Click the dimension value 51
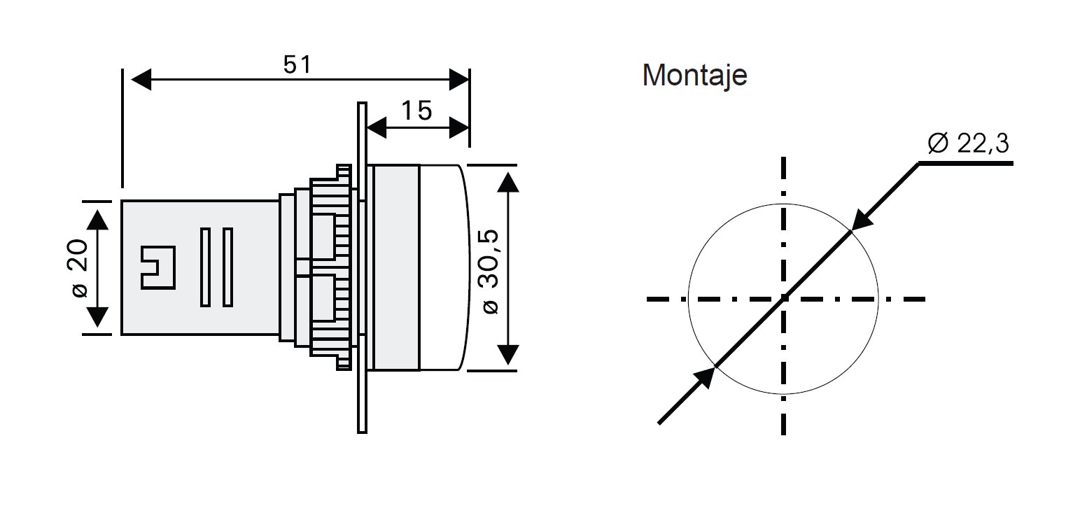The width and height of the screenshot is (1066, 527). (x=297, y=65)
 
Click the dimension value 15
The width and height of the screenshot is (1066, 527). (x=416, y=111)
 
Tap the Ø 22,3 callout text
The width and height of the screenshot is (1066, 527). (x=969, y=143)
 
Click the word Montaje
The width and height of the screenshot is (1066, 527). (x=694, y=76)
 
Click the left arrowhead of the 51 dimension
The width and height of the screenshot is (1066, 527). (x=140, y=80)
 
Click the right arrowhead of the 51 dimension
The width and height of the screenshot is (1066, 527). (x=459, y=80)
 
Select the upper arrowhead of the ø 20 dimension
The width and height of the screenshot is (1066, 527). (x=98, y=218)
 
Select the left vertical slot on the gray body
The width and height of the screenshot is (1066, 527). (x=205, y=267)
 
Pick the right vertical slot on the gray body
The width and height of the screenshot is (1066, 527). (x=227, y=267)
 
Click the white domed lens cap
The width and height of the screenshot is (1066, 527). (x=441, y=267)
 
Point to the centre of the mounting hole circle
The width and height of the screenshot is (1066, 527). (x=783, y=300)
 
